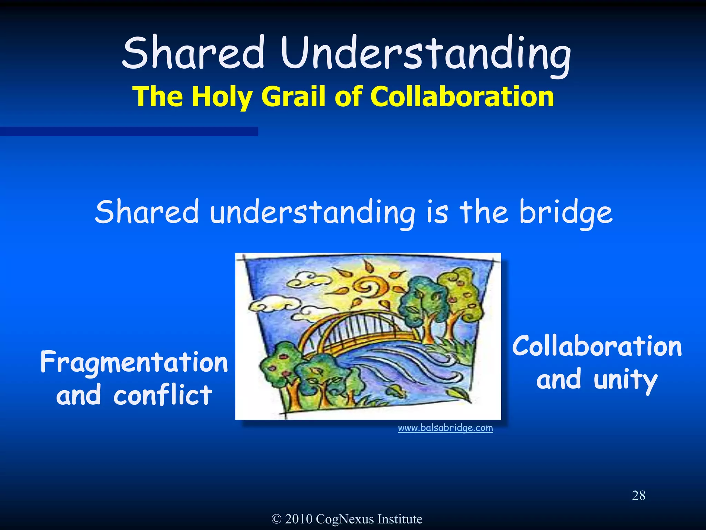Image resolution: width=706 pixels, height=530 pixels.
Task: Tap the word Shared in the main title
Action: tap(193, 53)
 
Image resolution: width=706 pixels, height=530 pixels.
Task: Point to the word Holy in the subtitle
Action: tap(222, 96)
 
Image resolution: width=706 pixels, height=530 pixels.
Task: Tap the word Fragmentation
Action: tap(134, 362)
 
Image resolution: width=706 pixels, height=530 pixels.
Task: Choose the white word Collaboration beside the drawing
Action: tap(597, 346)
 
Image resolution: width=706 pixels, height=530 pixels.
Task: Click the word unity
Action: tap(625, 380)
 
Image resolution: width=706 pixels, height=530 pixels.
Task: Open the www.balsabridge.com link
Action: tap(445, 428)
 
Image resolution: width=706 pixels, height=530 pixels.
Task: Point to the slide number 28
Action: tap(638, 495)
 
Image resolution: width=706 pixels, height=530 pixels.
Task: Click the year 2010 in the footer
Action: tap(299, 519)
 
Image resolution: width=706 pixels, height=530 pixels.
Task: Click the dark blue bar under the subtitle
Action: tap(129, 131)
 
